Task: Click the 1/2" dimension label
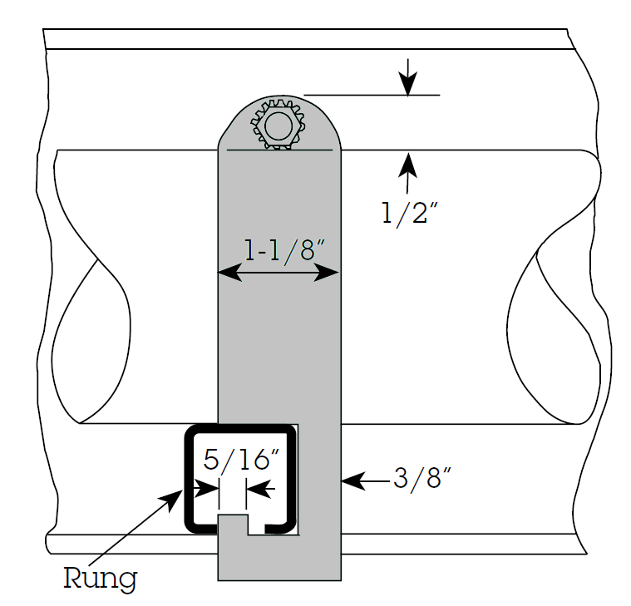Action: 409,213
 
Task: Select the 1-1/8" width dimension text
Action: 284,251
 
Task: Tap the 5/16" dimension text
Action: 241,460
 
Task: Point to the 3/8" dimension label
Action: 421,479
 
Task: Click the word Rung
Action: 101,579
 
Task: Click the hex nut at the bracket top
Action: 278,126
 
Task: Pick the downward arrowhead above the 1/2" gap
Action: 408,83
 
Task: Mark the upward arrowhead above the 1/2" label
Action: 407,165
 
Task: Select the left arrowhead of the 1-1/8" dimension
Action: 229,272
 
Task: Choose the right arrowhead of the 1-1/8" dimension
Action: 327,273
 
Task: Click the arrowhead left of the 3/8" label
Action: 353,480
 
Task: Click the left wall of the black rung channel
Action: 190,479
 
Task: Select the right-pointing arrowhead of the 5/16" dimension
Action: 207,489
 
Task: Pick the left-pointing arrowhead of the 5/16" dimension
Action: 258,489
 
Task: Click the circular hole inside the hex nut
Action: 278,126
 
